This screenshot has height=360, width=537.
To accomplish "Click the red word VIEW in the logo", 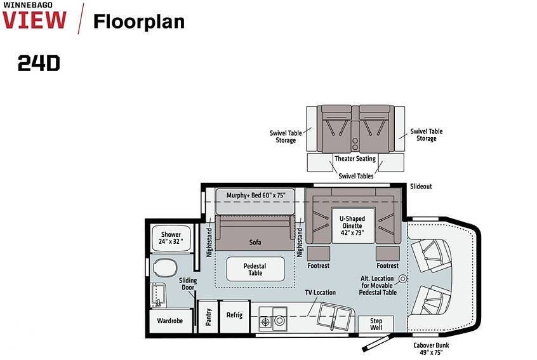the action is coord(34,20).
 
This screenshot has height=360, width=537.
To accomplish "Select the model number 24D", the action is coord(39,63).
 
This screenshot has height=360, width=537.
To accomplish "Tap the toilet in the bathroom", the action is coord(165,268).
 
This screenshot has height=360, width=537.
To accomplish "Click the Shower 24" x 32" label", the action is coord(171,237).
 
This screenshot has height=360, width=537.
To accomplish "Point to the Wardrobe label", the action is coord(170,321).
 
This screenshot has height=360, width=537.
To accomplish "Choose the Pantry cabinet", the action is coord(208,316).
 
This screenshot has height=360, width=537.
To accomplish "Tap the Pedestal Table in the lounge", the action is coord(255,269).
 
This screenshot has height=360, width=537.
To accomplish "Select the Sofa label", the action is coord(255,242).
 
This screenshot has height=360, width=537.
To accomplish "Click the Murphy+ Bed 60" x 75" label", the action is coord(255,196).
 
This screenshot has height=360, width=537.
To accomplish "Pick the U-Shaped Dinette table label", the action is coord(352,226).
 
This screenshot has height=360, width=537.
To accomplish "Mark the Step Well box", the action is coord(376,324).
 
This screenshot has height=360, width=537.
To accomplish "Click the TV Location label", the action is coord(320,292).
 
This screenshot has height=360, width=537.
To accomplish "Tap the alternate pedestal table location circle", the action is coord(402,279).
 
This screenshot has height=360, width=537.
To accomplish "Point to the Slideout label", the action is coord(421,186).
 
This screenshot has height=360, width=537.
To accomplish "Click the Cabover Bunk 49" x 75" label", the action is coord(431,349).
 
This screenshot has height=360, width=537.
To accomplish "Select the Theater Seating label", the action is coord(355,159).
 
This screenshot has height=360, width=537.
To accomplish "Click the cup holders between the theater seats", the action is coord(355,144).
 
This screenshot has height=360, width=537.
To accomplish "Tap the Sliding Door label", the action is coord(188,284).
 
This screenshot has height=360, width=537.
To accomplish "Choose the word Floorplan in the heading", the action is coord(139,22).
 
